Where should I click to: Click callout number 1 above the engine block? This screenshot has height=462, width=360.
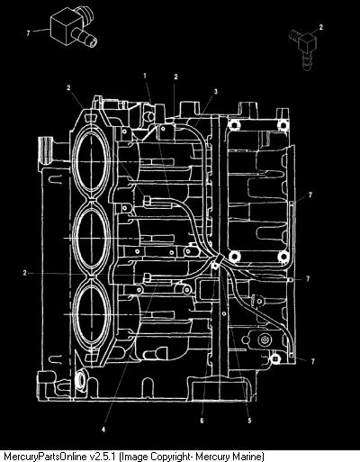pyautogui.click(x=145, y=76)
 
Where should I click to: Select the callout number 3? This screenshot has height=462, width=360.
pyautogui.click(x=215, y=92)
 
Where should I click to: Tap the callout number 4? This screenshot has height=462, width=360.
pyautogui.click(x=103, y=430)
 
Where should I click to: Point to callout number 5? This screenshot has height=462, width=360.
pyautogui.click(x=249, y=421)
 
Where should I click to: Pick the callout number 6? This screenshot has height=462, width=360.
pyautogui.click(x=202, y=421)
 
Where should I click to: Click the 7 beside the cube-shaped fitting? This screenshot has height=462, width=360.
pyautogui.click(x=28, y=33)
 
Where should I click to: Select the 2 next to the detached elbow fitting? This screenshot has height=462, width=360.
pyautogui.click(x=321, y=27)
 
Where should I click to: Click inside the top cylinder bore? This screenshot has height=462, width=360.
pyautogui.click(x=90, y=162)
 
